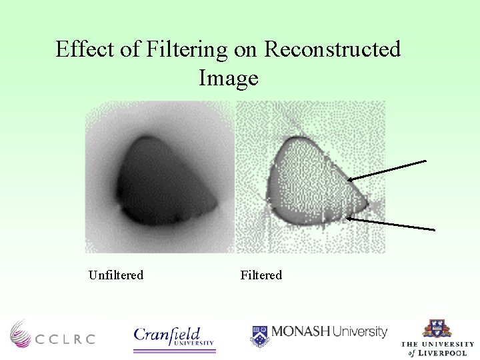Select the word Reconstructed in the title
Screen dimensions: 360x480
(333, 49)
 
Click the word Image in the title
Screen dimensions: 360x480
(228, 79)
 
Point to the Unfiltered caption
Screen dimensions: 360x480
(116, 275)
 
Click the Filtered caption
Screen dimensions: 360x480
(261, 275)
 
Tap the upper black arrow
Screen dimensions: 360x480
(387, 170)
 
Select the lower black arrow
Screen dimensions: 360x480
(391, 223)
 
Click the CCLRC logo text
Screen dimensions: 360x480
(65, 339)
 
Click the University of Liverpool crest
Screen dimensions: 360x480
(437, 329)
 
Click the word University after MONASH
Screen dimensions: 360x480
(359, 331)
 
